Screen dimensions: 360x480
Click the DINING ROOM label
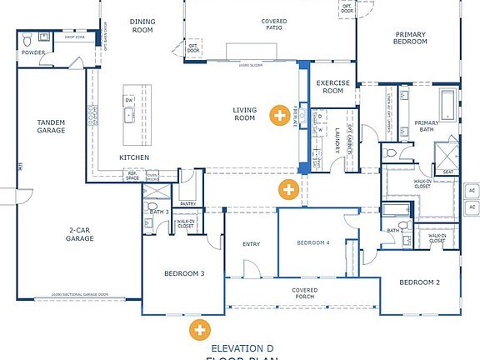[142, 25]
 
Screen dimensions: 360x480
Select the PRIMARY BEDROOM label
[411, 38]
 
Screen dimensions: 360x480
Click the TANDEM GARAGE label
[51, 126]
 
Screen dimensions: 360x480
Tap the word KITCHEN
[133, 157]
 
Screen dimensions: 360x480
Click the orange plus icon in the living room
[282, 114]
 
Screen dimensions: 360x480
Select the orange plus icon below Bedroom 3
[199, 329]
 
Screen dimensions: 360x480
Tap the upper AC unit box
[471, 187]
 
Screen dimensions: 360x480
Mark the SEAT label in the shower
[448, 172]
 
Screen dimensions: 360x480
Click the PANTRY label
[187, 203]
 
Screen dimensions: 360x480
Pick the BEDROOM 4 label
[313, 242]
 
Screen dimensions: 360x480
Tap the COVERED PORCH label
[304, 293]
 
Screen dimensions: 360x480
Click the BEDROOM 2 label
[419, 282]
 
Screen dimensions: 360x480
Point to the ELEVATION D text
[242, 347]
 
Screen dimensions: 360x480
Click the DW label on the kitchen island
[128, 100]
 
